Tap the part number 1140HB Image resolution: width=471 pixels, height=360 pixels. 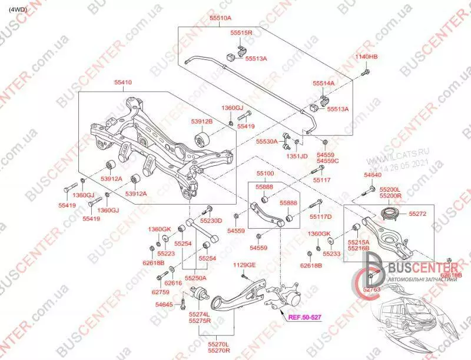coord(366,56)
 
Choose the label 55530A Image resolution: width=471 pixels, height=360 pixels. coord(267,142)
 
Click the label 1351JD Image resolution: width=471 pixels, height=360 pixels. coord(297,156)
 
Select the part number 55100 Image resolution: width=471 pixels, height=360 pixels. coord(265,175)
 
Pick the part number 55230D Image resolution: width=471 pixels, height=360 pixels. coord(211,221)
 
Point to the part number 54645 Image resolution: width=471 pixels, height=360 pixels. coord(164,304)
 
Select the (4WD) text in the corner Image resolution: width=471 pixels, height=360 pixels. coord(18,9)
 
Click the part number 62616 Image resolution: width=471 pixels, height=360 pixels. coord(173,283)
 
